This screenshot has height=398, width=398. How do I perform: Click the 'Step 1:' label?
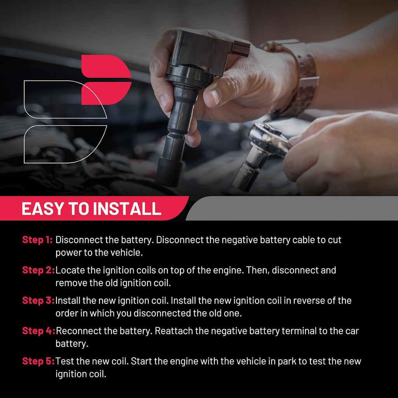[37, 239]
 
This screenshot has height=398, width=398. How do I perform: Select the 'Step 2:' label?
[38, 270]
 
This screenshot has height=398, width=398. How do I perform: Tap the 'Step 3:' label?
[38, 300]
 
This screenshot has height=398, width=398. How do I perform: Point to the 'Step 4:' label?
[38, 331]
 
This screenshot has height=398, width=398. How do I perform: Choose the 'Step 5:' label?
[38, 361]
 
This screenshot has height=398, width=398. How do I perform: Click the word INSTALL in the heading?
[127, 209]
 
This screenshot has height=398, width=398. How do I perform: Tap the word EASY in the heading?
[43, 209]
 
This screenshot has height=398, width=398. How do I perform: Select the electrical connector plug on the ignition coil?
[240, 49]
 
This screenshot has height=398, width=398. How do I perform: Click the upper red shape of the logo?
[106, 66]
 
